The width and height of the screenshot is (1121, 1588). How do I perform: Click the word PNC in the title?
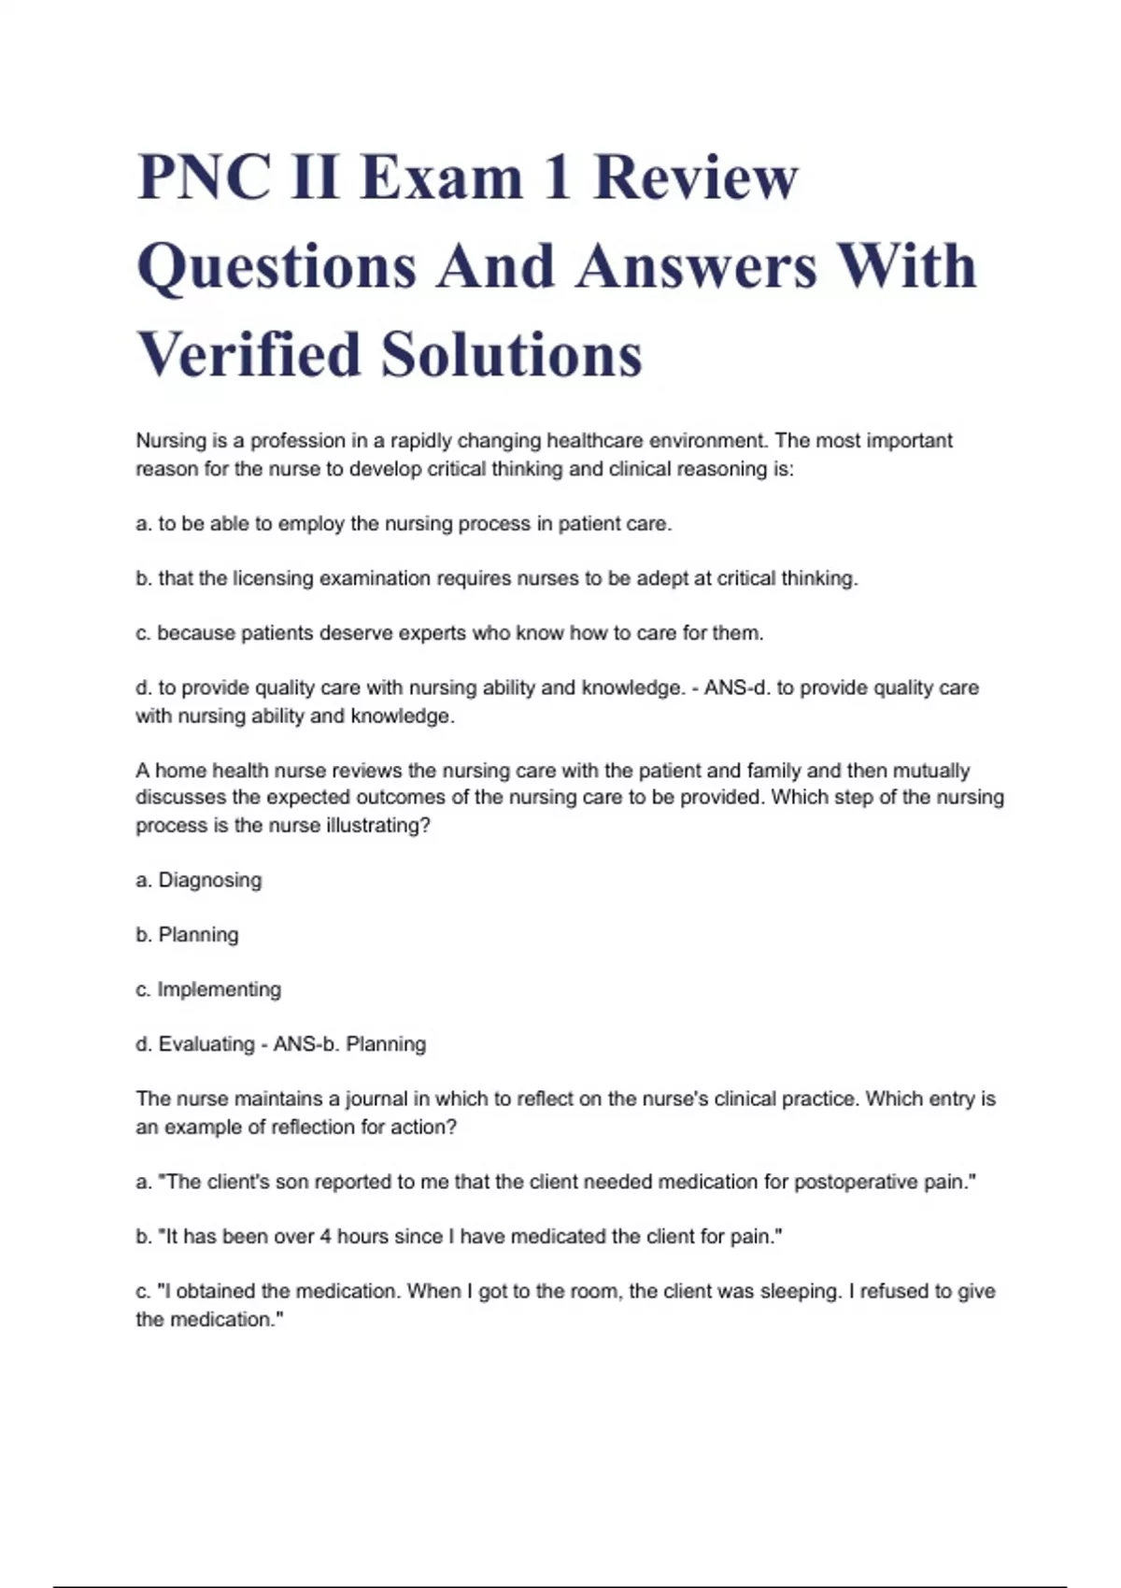coord(203,177)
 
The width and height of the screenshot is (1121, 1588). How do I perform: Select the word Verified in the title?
coord(249,355)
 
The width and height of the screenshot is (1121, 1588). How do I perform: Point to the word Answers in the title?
coord(697,266)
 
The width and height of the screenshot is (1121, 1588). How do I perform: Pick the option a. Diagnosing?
coord(199,880)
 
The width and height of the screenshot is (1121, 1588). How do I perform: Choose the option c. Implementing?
coord(208,989)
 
